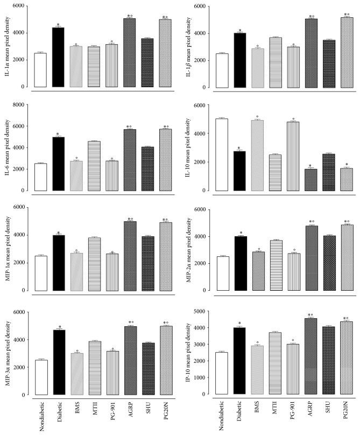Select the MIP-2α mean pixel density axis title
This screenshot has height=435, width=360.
190,250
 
